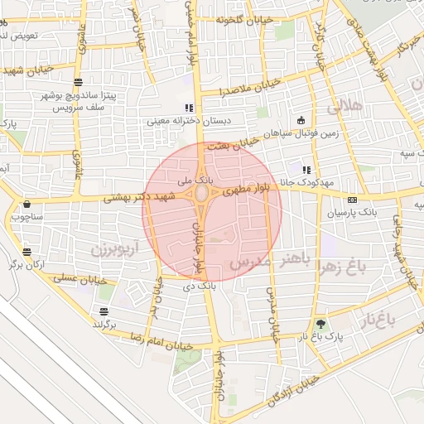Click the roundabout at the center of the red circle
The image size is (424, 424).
[202, 195]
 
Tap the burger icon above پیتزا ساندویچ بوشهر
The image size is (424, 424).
[78, 81]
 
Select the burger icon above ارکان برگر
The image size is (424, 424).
[27, 252]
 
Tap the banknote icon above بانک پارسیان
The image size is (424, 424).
[353, 200]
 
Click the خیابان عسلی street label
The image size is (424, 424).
[83, 279]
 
